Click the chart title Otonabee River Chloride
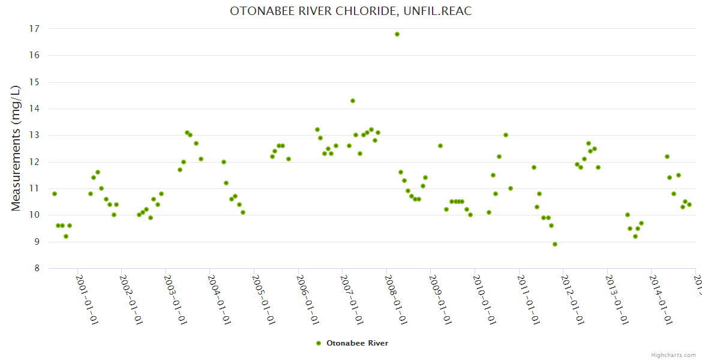click(351, 11)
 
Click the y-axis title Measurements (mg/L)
click(16, 148)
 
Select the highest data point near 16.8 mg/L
click(397, 34)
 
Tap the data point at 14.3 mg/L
click(353, 101)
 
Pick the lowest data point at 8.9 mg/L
click(555, 244)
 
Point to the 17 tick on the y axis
click(34, 29)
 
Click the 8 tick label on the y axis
click(37, 268)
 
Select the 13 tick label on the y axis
click(34, 135)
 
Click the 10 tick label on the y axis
click(34, 215)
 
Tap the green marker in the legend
click(319, 343)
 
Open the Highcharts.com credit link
click(673, 355)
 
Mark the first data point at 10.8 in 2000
click(55, 194)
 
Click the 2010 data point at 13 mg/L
click(506, 135)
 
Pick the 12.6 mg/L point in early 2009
click(440, 146)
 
